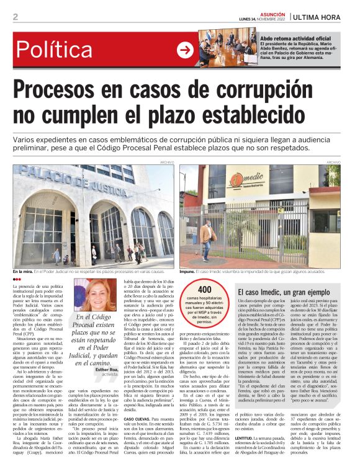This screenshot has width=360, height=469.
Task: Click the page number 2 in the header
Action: [16, 17]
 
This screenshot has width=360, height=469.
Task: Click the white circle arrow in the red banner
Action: [184, 50]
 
